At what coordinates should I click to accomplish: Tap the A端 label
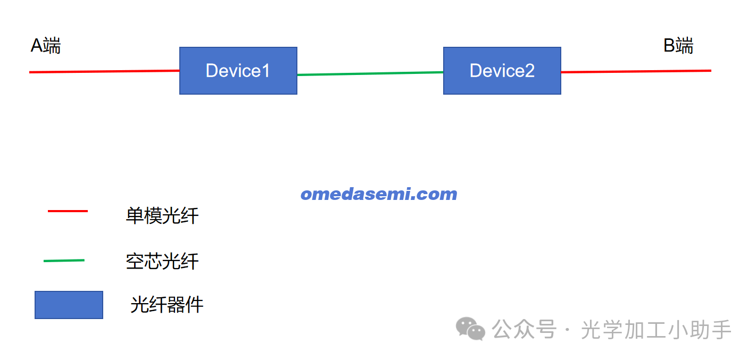(46, 46)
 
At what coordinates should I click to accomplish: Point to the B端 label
(678, 46)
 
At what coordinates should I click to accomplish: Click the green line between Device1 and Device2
(370, 73)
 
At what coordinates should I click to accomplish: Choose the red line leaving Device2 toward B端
(636, 71)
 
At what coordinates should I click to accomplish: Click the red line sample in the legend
(68, 211)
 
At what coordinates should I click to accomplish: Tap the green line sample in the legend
(64, 261)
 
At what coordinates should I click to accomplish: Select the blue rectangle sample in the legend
(69, 305)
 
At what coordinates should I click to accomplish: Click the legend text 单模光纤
(162, 215)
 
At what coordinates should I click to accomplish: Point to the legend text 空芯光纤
(162, 261)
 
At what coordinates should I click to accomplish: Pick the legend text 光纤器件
(167, 305)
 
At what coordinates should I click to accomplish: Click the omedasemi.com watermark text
(379, 194)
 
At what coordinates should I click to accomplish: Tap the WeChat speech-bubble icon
(471, 329)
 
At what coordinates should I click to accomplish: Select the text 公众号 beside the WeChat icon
(524, 330)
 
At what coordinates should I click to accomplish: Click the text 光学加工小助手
(657, 330)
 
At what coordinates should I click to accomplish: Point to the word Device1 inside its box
(238, 70)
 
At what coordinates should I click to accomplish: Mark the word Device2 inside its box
(502, 70)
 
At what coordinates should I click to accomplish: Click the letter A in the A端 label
(37, 46)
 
